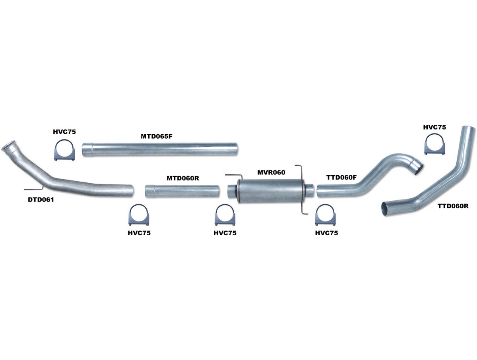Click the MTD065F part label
tap(156, 136)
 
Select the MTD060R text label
tap(182, 178)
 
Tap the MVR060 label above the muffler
tap(271, 172)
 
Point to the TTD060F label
tap(341, 178)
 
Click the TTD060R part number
tap(453, 206)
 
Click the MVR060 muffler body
tap(270, 191)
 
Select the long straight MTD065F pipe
tap(160, 149)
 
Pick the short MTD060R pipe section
tap(182, 191)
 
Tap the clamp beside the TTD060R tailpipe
tap(435, 144)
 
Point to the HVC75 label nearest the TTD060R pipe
tap(434, 127)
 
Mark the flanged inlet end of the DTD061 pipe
tap(9, 147)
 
